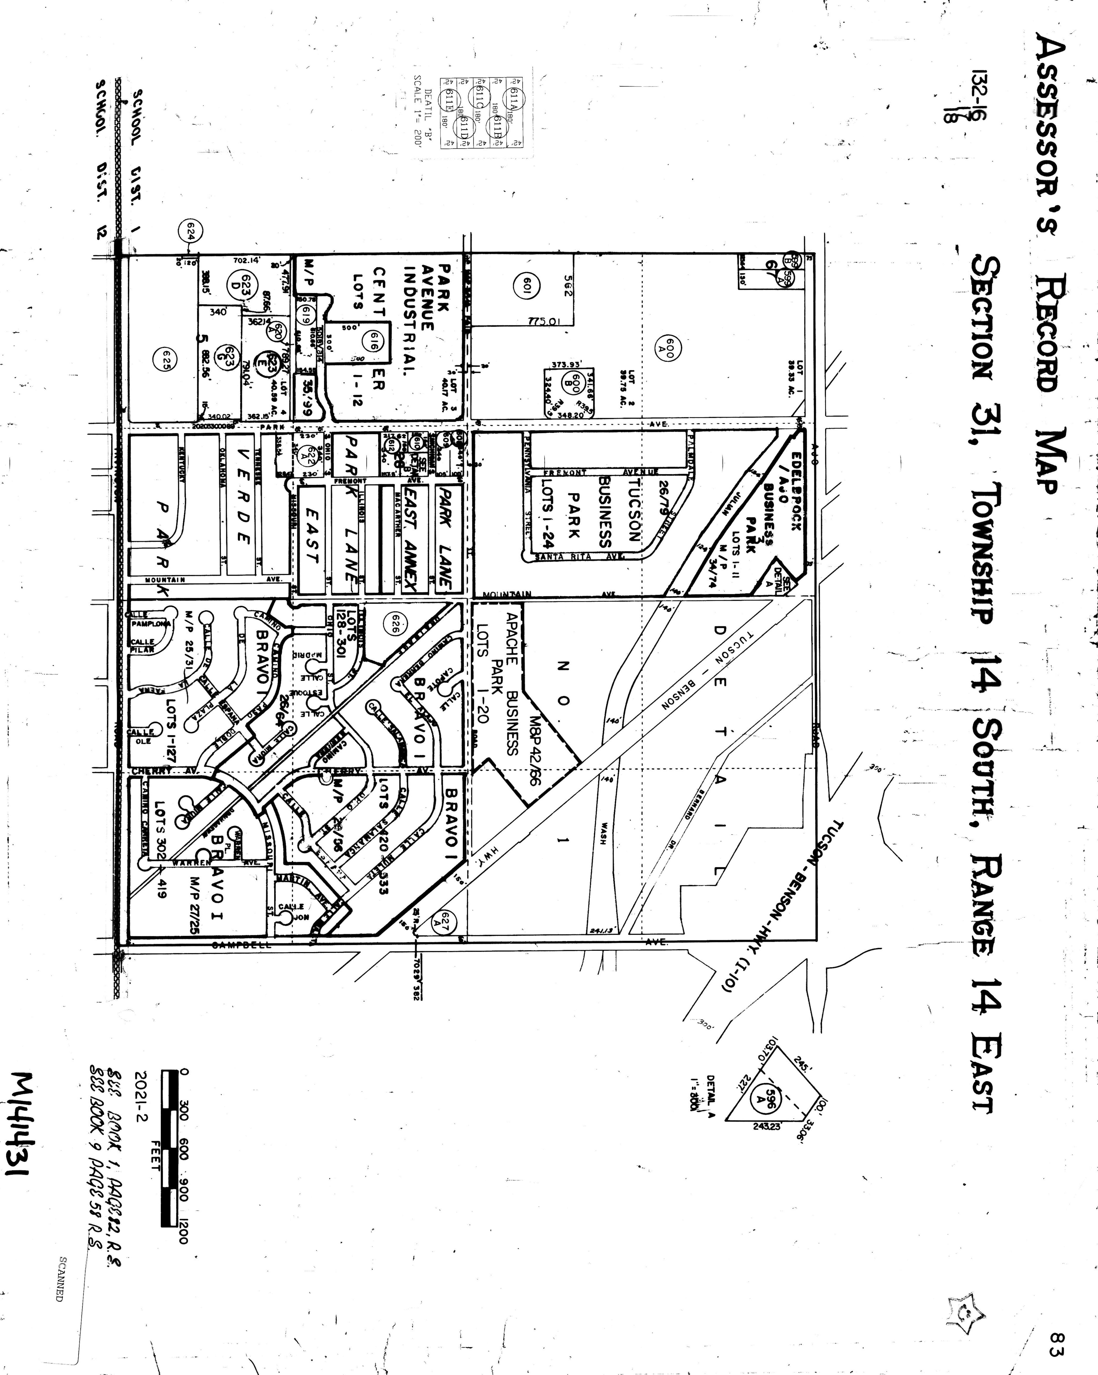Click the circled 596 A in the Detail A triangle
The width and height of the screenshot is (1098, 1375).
pyautogui.click(x=770, y=1101)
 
